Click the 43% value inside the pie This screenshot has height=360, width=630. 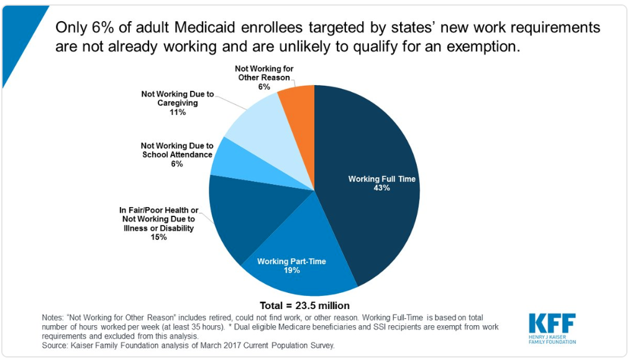tap(381, 188)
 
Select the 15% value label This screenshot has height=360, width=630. tap(158, 237)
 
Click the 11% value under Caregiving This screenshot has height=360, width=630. tap(177, 112)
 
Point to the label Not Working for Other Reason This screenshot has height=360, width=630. tap(264, 73)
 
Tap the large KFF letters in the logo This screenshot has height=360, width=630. tap(552, 323)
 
